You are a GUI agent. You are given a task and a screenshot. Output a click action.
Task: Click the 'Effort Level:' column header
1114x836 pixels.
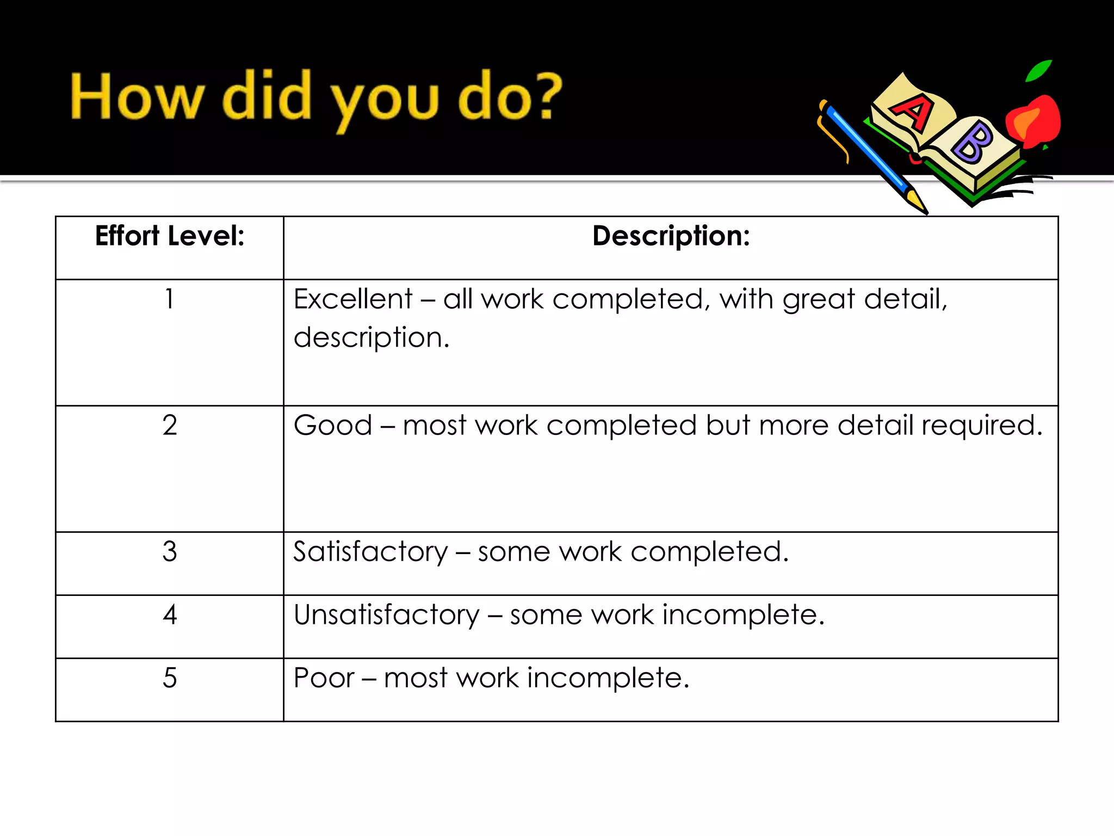click(170, 236)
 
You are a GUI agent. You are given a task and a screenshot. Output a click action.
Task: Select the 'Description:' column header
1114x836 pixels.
click(671, 236)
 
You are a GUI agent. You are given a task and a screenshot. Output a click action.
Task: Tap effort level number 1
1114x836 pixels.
click(170, 299)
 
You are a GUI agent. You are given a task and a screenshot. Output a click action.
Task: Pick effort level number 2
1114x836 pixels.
click(170, 425)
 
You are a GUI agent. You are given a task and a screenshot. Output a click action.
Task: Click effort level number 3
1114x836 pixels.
click(170, 551)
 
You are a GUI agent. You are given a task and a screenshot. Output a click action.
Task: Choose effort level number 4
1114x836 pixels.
click(170, 614)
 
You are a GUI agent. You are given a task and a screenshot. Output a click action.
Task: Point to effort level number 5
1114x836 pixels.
click(170, 678)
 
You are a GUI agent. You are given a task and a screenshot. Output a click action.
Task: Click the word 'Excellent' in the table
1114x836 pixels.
click(353, 299)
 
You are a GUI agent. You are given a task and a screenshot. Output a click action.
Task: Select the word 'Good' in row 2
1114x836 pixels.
click(333, 425)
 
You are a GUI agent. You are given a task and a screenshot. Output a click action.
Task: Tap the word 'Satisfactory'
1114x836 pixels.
click(370, 551)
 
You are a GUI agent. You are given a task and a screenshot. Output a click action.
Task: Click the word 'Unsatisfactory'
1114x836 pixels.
click(386, 614)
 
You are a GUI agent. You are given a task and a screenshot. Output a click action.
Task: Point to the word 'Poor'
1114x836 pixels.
click(324, 678)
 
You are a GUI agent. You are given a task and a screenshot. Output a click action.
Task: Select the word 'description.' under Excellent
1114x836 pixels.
click(372, 338)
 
